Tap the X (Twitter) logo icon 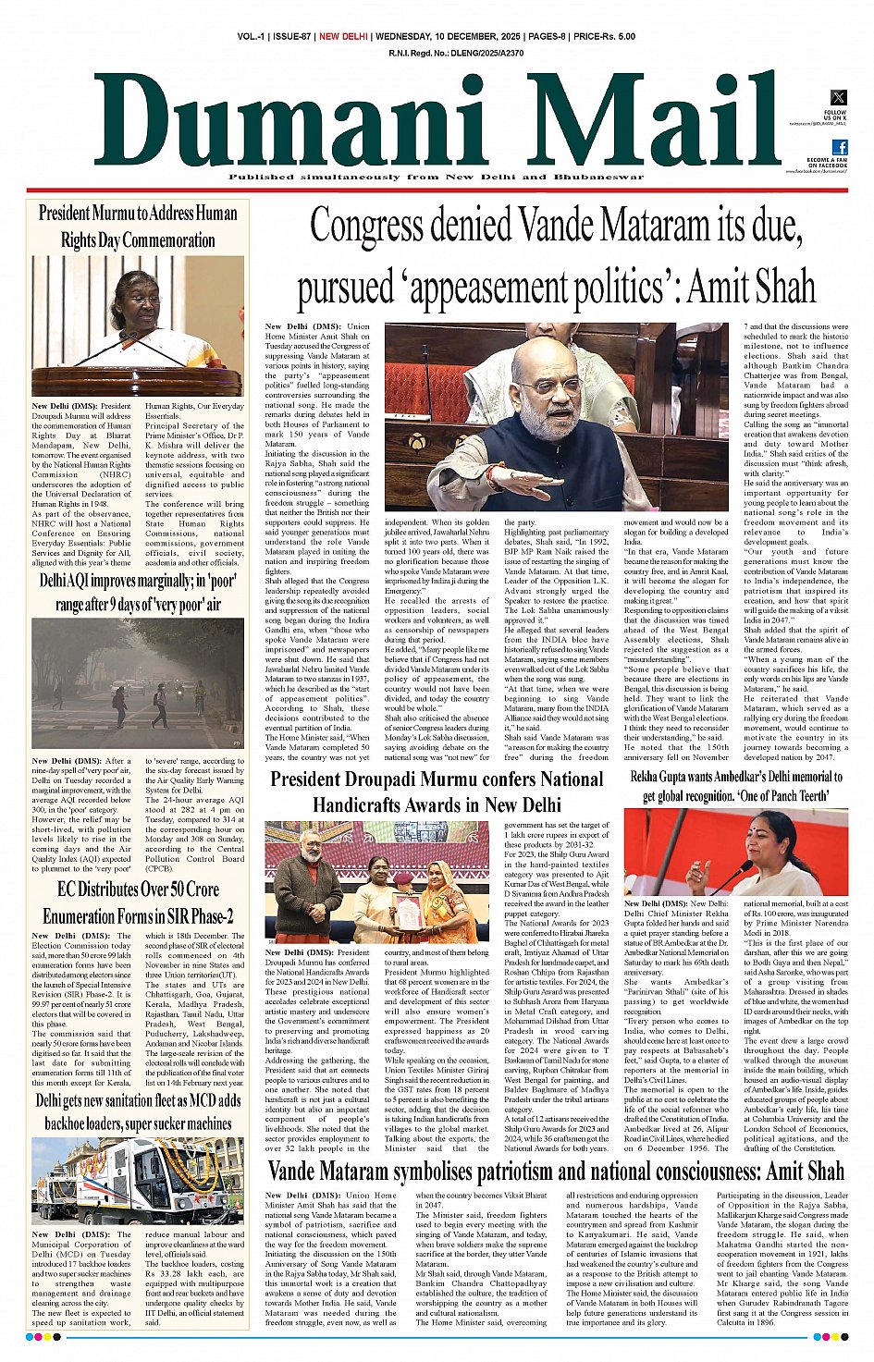(838, 98)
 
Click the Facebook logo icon (840, 147)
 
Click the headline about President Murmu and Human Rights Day (139, 227)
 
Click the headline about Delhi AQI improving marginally (139, 593)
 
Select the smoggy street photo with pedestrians (139, 683)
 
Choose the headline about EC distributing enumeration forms (139, 902)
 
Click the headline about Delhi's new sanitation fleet (139, 1111)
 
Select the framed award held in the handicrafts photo (408, 910)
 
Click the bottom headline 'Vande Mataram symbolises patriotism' (555, 1172)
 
